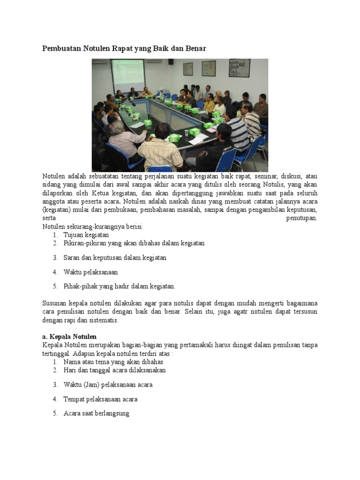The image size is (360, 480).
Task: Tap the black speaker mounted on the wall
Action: (171, 61)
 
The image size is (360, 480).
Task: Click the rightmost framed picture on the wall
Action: (239, 67)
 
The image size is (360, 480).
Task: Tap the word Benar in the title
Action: (195, 48)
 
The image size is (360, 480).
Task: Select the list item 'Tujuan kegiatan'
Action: (86, 235)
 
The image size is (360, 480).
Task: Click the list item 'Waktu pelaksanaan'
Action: (90, 272)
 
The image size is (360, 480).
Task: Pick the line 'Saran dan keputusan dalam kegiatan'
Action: (115, 258)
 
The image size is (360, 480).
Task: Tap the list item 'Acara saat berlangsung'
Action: (96, 414)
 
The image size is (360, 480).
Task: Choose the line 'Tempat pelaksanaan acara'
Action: (100, 399)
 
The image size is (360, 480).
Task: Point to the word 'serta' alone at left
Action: (49, 218)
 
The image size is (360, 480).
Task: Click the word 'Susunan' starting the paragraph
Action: (54, 304)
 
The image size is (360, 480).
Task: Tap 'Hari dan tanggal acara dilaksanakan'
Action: (114, 370)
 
